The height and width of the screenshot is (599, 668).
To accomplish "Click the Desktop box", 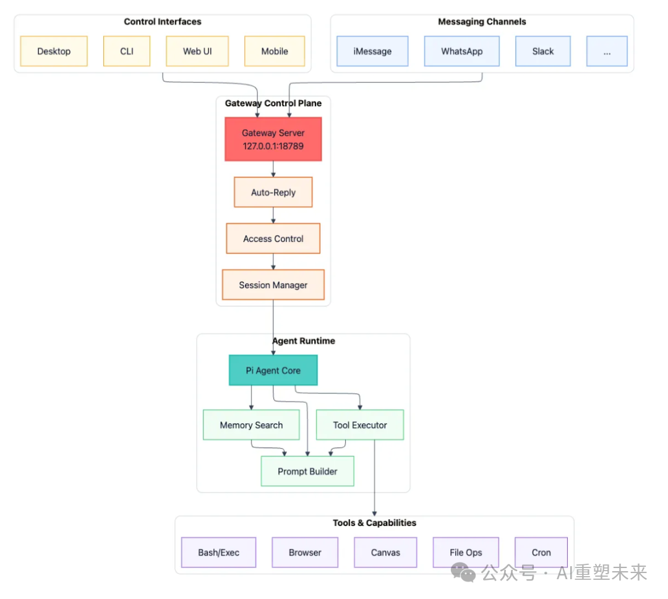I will click(54, 51).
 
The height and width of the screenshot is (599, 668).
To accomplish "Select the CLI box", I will click(127, 51).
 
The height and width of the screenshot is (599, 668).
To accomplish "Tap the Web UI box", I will click(197, 51).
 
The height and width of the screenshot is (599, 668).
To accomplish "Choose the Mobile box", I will click(275, 51).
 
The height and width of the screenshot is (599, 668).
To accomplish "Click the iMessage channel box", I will click(372, 51).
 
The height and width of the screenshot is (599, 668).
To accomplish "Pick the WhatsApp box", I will click(461, 51).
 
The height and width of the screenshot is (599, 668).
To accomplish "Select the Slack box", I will click(542, 51).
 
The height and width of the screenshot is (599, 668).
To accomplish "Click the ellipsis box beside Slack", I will click(607, 51).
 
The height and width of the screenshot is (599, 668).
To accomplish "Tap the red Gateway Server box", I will click(273, 139).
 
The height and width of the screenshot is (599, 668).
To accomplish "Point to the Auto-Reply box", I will click(273, 192).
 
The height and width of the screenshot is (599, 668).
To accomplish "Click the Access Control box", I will click(273, 239).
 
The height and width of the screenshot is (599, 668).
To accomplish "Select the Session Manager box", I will click(273, 285).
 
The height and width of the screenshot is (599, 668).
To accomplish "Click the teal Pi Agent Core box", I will click(273, 371).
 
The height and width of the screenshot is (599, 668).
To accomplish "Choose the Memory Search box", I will click(251, 425).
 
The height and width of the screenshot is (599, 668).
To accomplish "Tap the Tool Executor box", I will click(359, 425).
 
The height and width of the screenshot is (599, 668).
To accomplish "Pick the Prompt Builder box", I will click(307, 472).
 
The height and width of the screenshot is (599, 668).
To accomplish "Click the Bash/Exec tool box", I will click(218, 553).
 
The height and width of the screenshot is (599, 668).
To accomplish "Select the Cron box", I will click(541, 553).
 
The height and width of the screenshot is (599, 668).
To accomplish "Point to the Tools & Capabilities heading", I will click(374, 523).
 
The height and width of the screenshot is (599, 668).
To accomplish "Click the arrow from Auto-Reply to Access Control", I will click(273, 215).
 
